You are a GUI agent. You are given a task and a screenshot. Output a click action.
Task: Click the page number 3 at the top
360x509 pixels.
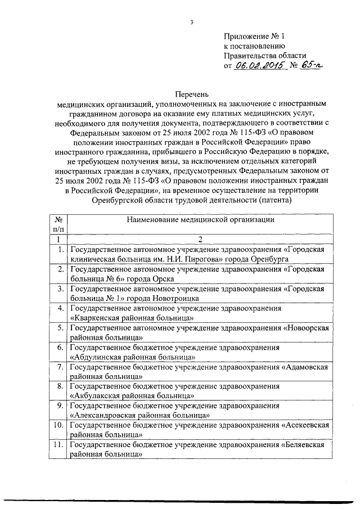tap(191, 22)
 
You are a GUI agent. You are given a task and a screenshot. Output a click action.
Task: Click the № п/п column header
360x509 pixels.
tap(58, 224)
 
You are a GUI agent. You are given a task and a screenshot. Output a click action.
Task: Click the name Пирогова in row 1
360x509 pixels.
tap(206, 259)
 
